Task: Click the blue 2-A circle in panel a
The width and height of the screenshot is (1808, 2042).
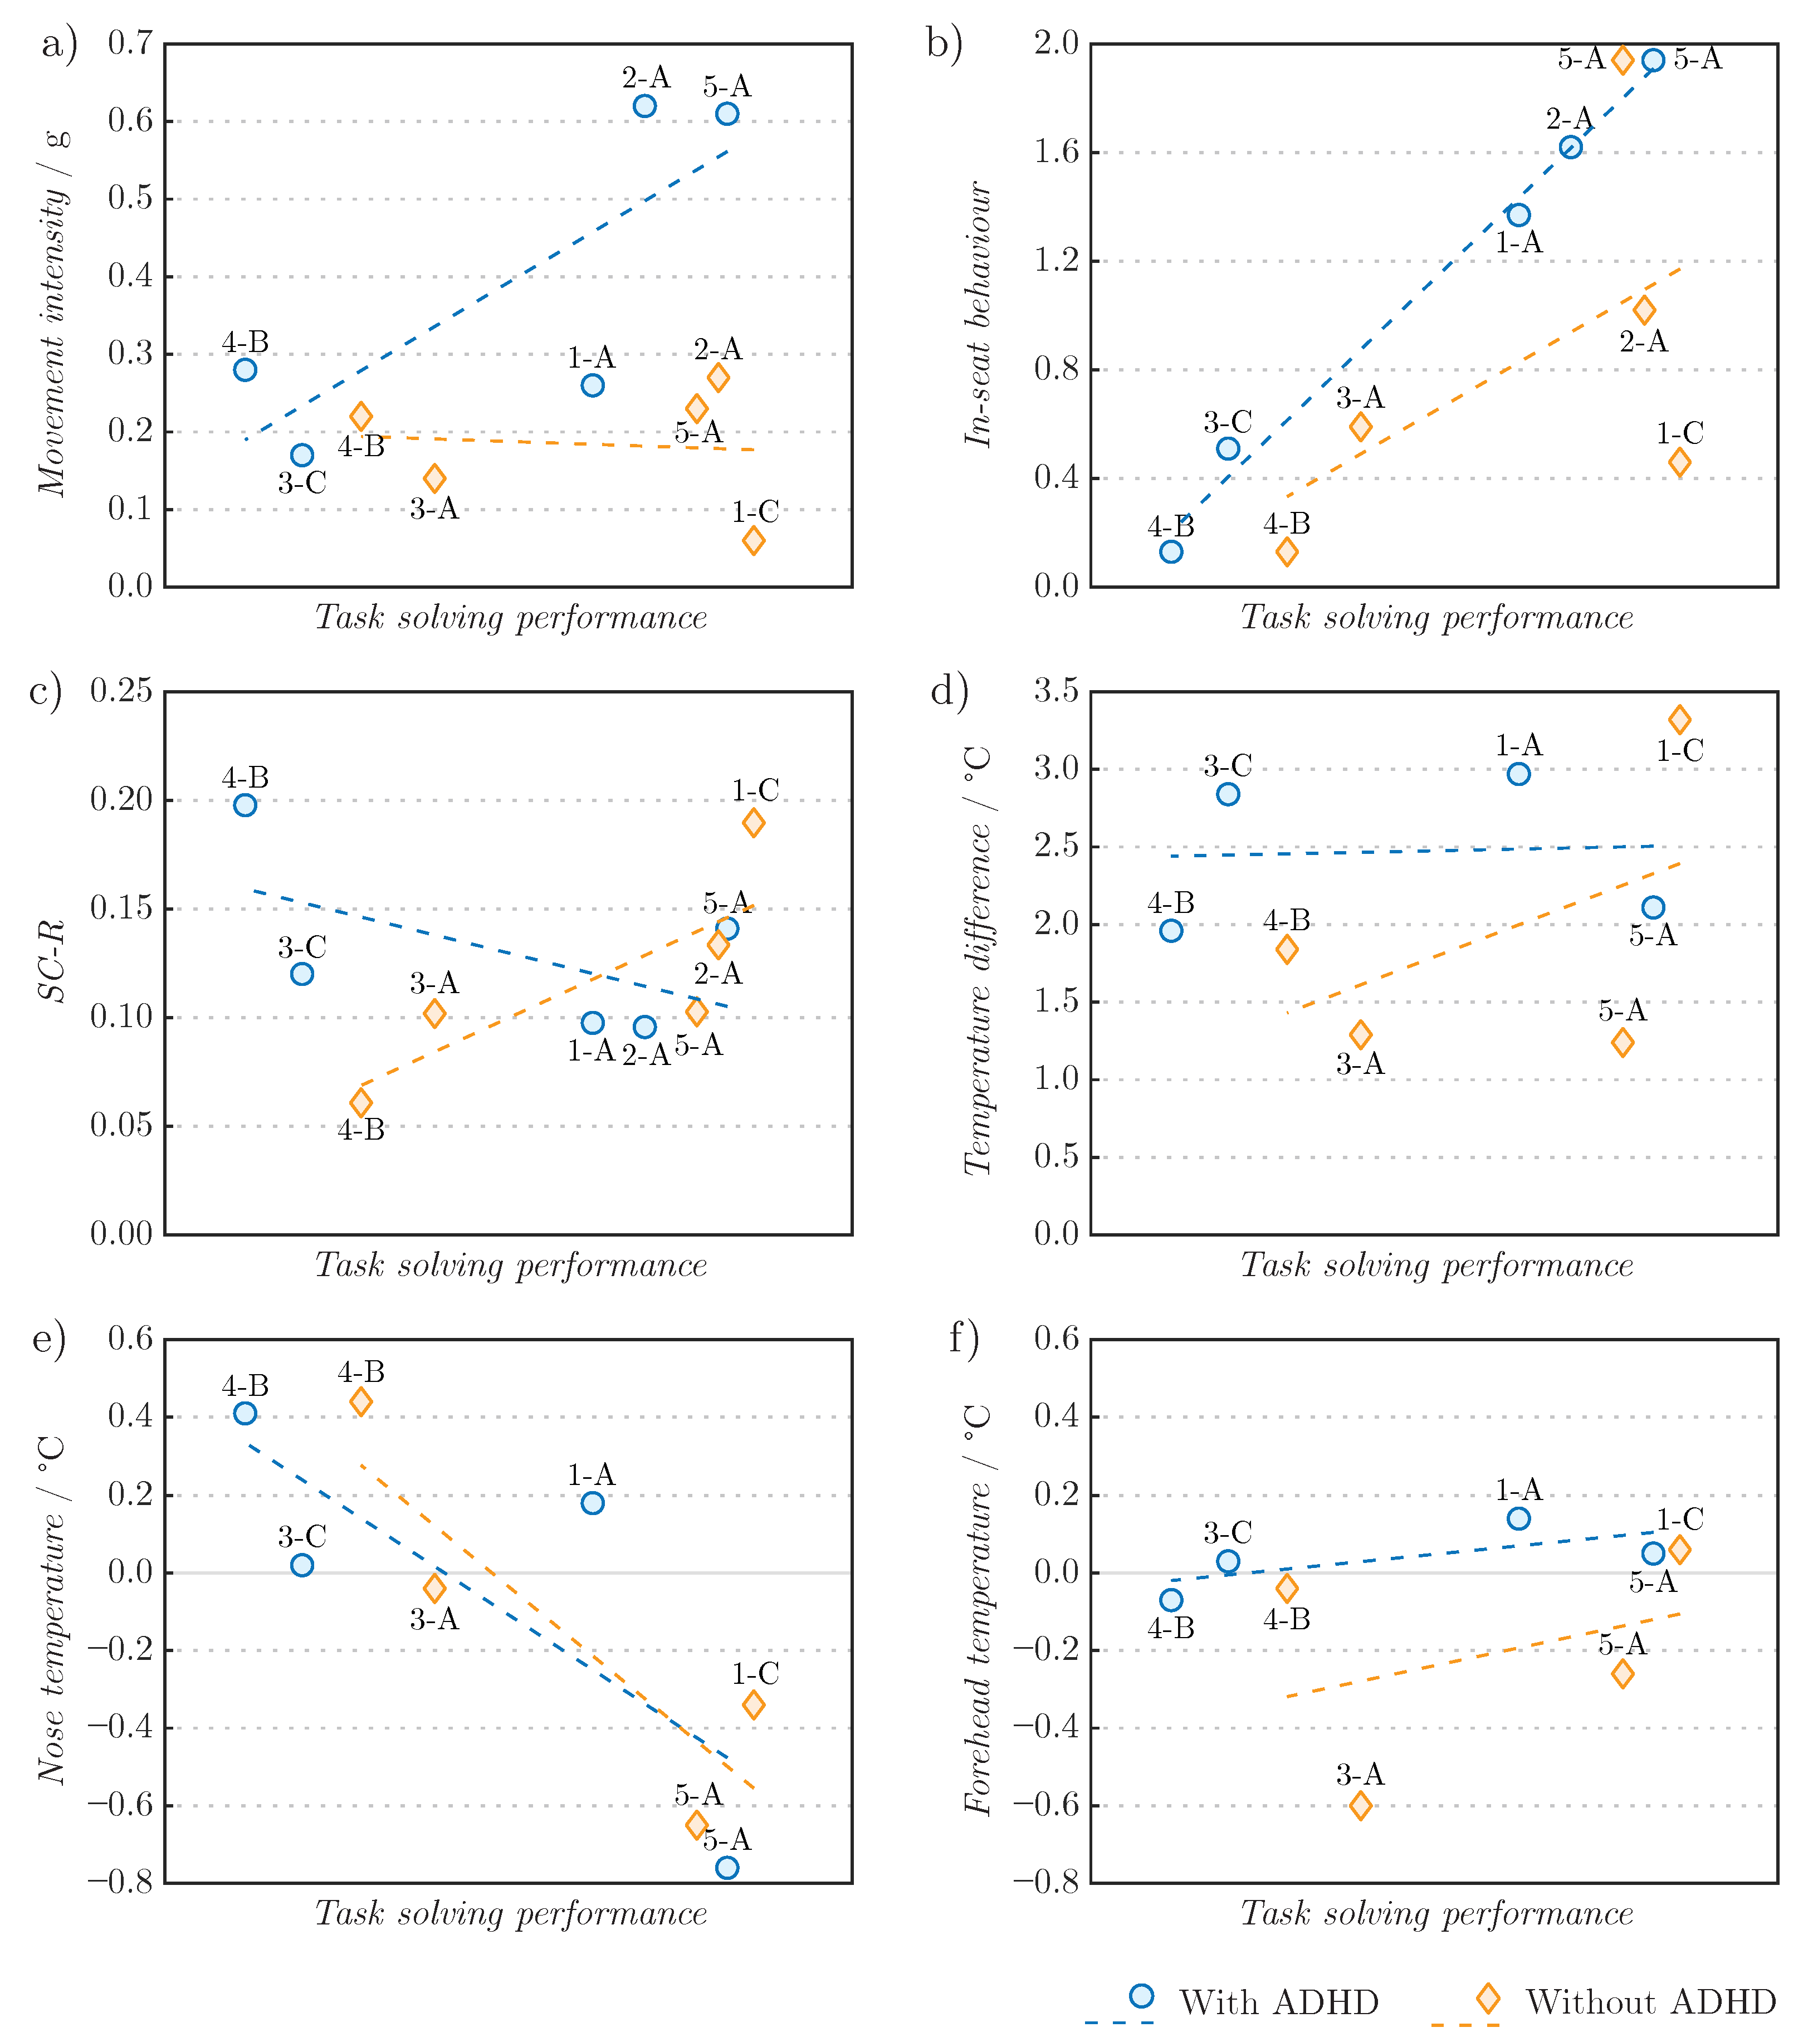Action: coord(644,106)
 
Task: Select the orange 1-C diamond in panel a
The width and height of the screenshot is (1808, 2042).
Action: coord(753,540)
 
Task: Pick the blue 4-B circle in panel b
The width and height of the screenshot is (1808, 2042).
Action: coord(1171,551)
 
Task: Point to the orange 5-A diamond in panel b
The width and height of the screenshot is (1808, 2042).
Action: coord(1622,60)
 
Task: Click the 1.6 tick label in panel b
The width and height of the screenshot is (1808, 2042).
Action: coord(1056,152)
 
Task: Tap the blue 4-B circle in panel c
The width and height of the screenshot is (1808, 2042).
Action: coord(245,805)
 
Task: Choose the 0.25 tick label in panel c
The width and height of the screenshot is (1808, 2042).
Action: coord(122,691)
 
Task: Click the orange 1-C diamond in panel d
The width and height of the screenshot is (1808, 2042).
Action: coord(1679,719)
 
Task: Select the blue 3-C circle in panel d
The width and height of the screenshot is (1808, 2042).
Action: coord(1228,794)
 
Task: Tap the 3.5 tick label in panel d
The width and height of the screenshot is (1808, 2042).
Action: coord(1056,691)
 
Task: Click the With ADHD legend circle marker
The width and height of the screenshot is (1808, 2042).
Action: coord(1142,1996)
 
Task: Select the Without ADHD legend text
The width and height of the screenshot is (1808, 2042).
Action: coord(1650,2003)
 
